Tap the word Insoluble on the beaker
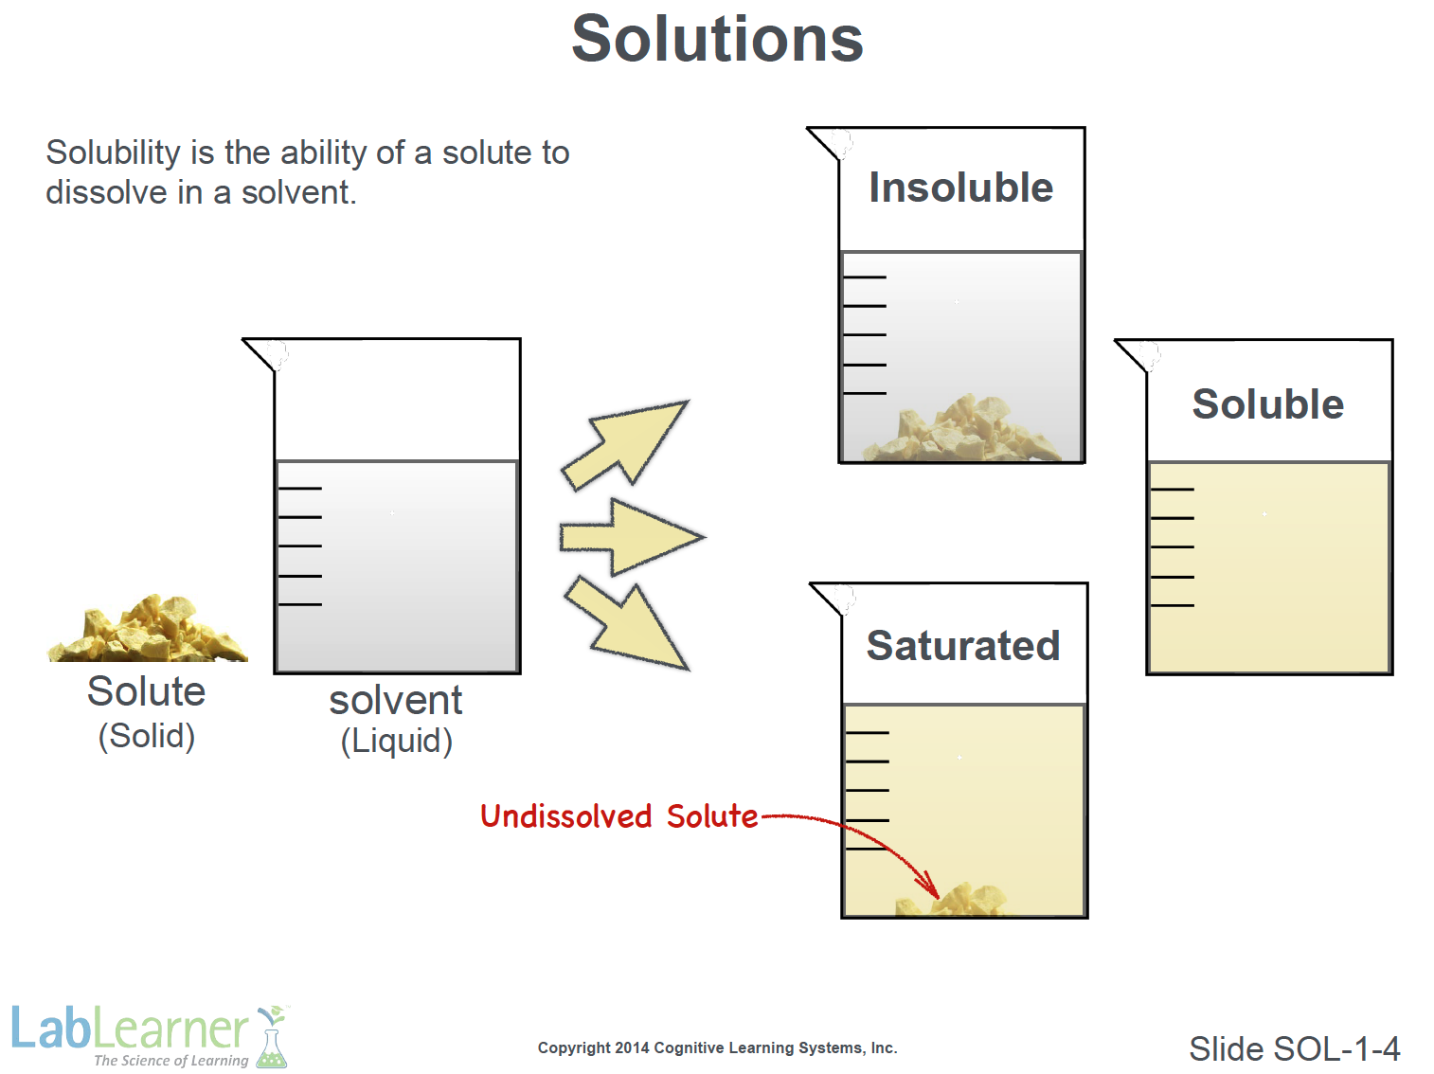[960, 188]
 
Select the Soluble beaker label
[1267, 403]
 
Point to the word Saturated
[963, 646]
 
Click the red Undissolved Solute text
[618, 816]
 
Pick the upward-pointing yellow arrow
[624, 445]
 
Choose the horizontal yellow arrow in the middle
[632, 537]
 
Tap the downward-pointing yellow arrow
[626, 624]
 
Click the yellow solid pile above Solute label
[148, 629]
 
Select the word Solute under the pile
[147, 691]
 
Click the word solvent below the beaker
[396, 701]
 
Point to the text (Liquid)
[397, 741]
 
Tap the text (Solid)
[147, 736]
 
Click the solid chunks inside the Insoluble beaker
[961, 428]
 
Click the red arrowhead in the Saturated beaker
[929, 886]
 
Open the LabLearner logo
[151, 1036]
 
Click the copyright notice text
[717, 1047]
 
